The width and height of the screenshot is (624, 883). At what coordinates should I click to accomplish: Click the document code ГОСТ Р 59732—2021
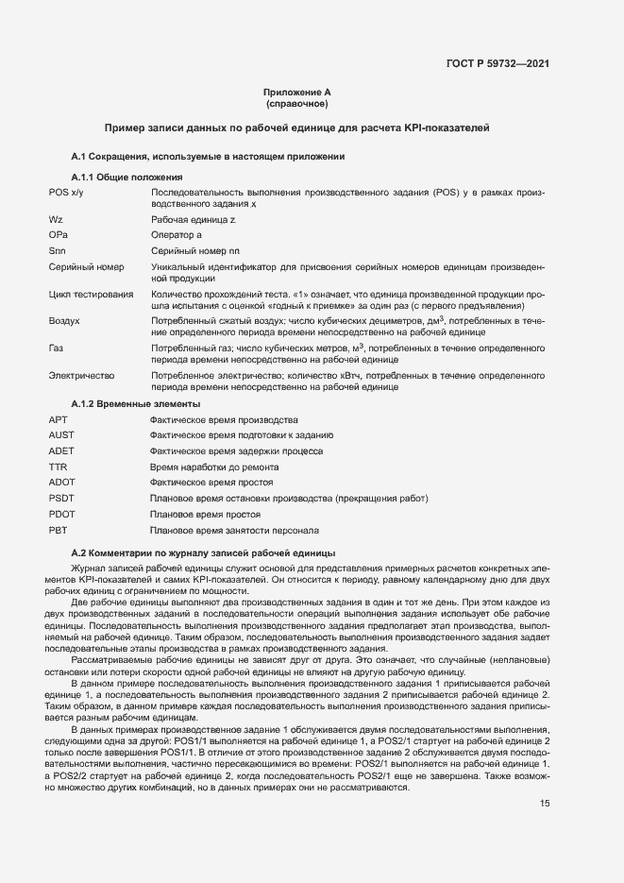click(x=498, y=64)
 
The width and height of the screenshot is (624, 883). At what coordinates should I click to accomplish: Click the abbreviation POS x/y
click(x=66, y=193)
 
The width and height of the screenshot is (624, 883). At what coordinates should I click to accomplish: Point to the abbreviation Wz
click(x=56, y=218)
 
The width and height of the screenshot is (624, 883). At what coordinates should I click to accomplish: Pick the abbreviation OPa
click(x=58, y=234)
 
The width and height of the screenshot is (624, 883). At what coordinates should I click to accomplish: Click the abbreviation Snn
click(x=57, y=250)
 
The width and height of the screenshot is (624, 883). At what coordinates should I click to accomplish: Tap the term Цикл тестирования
click(x=91, y=295)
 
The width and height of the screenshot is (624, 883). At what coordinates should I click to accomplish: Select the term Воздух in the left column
click(x=63, y=321)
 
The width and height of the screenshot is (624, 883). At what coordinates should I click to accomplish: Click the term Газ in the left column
click(x=56, y=348)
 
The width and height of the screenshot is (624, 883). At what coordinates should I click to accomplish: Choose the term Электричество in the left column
click(x=81, y=376)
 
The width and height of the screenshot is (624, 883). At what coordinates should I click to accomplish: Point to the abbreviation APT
click(x=58, y=419)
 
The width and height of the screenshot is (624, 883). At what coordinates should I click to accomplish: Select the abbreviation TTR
click(x=58, y=467)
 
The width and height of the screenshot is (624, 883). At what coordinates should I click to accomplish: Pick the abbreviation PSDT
click(x=60, y=498)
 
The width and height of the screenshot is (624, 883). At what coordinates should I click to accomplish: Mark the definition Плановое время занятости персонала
click(x=235, y=530)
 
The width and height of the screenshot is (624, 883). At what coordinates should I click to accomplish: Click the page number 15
click(x=545, y=777)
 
